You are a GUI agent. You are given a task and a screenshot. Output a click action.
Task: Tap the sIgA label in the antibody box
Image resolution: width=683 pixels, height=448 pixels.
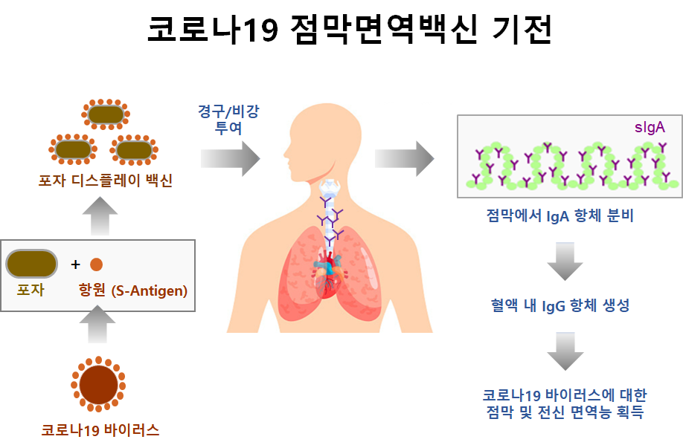[x=650, y=127]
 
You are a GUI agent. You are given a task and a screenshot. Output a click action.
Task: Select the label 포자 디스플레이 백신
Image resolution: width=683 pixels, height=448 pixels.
[x=106, y=181]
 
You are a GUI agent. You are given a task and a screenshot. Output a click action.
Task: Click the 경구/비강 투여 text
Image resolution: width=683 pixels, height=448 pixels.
[x=228, y=118]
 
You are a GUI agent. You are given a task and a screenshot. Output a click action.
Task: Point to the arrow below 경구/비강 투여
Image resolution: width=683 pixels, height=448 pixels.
[x=230, y=158]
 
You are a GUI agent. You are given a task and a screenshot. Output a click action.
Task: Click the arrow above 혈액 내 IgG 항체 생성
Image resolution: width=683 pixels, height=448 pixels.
[x=565, y=260]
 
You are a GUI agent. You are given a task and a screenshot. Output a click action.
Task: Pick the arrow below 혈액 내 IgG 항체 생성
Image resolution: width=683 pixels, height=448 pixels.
[x=565, y=350]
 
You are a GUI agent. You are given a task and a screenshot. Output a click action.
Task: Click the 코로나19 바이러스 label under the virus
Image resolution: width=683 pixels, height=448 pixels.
[x=100, y=429]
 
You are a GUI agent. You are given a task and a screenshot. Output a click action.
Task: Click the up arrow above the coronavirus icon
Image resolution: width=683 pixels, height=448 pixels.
[x=97, y=325]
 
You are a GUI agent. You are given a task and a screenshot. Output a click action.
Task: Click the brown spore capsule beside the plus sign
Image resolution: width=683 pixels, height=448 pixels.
[x=31, y=264]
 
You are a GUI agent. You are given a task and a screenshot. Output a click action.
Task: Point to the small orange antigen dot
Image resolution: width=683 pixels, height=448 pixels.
[x=96, y=264]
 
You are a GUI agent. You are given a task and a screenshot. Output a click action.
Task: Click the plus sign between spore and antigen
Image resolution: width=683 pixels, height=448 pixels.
[x=75, y=264]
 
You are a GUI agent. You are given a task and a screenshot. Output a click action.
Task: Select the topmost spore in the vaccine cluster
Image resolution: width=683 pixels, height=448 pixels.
[x=105, y=114]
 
